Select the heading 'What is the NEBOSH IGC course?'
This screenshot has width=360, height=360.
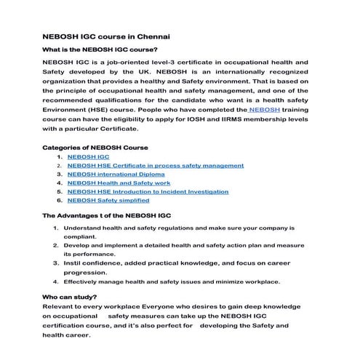[x=100, y=50]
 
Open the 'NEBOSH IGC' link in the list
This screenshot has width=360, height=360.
[x=88, y=157]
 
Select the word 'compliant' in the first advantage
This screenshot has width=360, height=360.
[x=79, y=237]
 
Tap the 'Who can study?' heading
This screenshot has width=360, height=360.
[x=70, y=297]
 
